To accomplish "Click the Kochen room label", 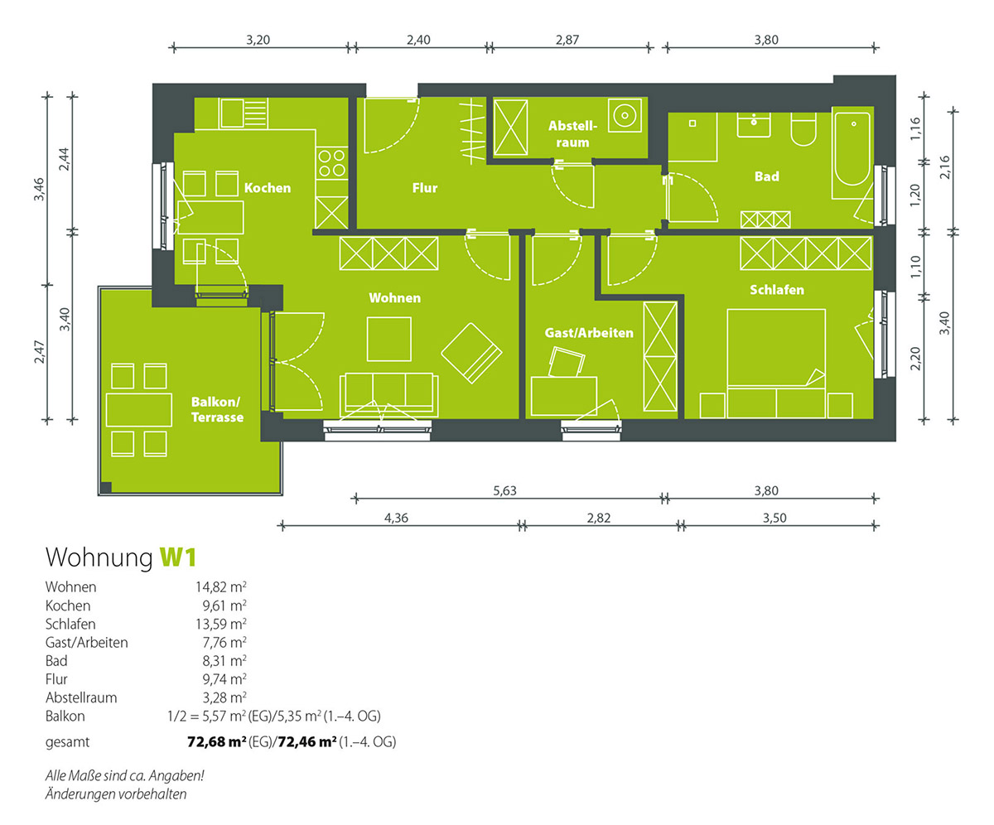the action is [267, 188].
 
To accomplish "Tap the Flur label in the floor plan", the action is [425, 188].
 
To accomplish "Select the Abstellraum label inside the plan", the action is [572, 133].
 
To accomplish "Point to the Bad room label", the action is [766, 176].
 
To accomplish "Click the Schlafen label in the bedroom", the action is [776, 290].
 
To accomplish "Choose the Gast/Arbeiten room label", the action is [589, 333].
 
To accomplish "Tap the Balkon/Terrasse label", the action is [217, 409].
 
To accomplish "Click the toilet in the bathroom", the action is [803, 129].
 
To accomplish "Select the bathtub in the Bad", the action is [852, 152].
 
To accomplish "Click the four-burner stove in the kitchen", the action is [331, 163].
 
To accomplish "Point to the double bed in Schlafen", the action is [776, 364].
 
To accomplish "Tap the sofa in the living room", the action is [389, 396].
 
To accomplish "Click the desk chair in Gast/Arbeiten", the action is [566, 362].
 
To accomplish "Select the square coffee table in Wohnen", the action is [389, 339].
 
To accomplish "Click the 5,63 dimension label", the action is [504, 491].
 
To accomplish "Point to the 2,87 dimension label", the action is [567, 40].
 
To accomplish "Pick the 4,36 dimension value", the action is [396, 518].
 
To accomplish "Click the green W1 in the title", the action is [178, 557].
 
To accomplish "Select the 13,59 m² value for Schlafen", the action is [221, 624].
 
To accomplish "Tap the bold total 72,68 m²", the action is [216, 742].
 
